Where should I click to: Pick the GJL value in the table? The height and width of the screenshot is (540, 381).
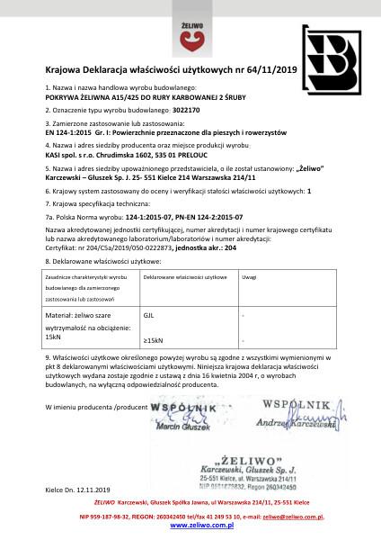[149, 317]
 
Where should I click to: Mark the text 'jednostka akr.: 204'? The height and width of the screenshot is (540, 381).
[213, 247]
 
